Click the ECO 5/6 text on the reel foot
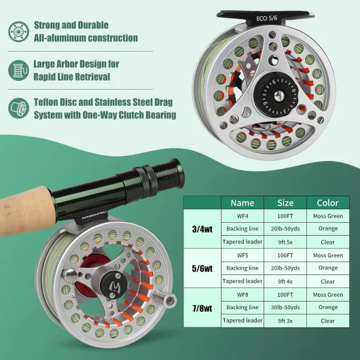(267, 18)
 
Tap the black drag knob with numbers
(276, 95)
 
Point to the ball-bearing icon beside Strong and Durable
(18, 32)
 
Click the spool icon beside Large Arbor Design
(18, 70)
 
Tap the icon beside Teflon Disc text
(18, 108)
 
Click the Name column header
(242, 202)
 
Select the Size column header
(285, 202)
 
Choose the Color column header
(328, 202)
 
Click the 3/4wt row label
(202, 229)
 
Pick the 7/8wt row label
(202, 308)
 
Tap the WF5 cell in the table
(242, 255)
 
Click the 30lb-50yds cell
(285, 308)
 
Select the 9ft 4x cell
(285, 281)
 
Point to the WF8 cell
(242, 295)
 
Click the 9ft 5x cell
(285, 242)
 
